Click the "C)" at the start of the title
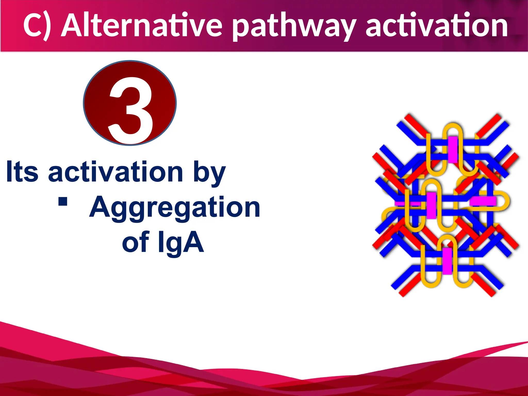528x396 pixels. pyautogui.click(x=37, y=26)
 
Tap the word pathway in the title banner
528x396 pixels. pyautogui.click(x=294, y=27)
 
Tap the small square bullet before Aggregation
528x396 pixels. pyautogui.click(x=63, y=202)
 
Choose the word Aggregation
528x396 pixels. pyautogui.click(x=175, y=208)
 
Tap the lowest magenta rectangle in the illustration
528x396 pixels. pyautogui.click(x=447, y=261)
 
